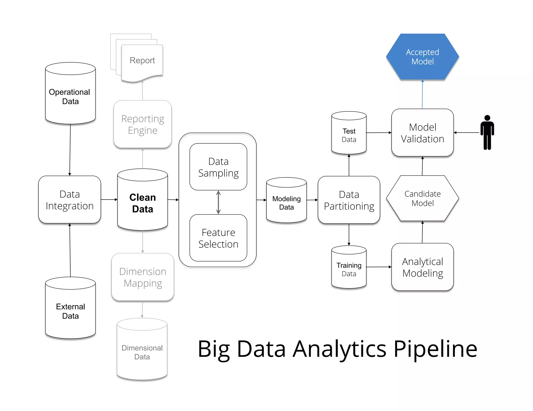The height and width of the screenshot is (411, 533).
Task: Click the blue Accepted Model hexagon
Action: click(x=422, y=57)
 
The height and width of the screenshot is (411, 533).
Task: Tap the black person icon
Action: click(x=487, y=132)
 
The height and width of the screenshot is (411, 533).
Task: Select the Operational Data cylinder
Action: click(x=70, y=96)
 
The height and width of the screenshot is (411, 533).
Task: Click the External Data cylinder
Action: click(x=70, y=311)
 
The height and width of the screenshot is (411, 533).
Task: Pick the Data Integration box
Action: click(x=69, y=200)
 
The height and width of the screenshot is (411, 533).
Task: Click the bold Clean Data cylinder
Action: click(x=142, y=203)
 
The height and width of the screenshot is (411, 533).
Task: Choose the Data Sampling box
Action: click(x=218, y=167)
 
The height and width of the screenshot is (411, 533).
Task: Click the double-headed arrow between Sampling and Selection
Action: click(x=218, y=202)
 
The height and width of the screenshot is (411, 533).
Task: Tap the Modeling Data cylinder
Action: click(x=286, y=203)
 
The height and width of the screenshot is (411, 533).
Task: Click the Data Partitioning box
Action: click(x=349, y=200)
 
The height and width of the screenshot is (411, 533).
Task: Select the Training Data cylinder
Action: click(x=349, y=269)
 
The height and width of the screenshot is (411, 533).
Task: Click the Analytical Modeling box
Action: click(x=422, y=267)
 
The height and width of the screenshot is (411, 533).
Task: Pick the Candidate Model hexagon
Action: click(x=422, y=198)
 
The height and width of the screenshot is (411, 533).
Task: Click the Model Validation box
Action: click(x=422, y=133)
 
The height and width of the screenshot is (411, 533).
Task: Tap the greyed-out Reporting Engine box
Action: click(x=142, y=124)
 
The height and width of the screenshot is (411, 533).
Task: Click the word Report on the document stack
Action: click(x=142, y=60)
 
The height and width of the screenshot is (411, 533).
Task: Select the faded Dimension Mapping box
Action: click(x=142, y=277)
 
